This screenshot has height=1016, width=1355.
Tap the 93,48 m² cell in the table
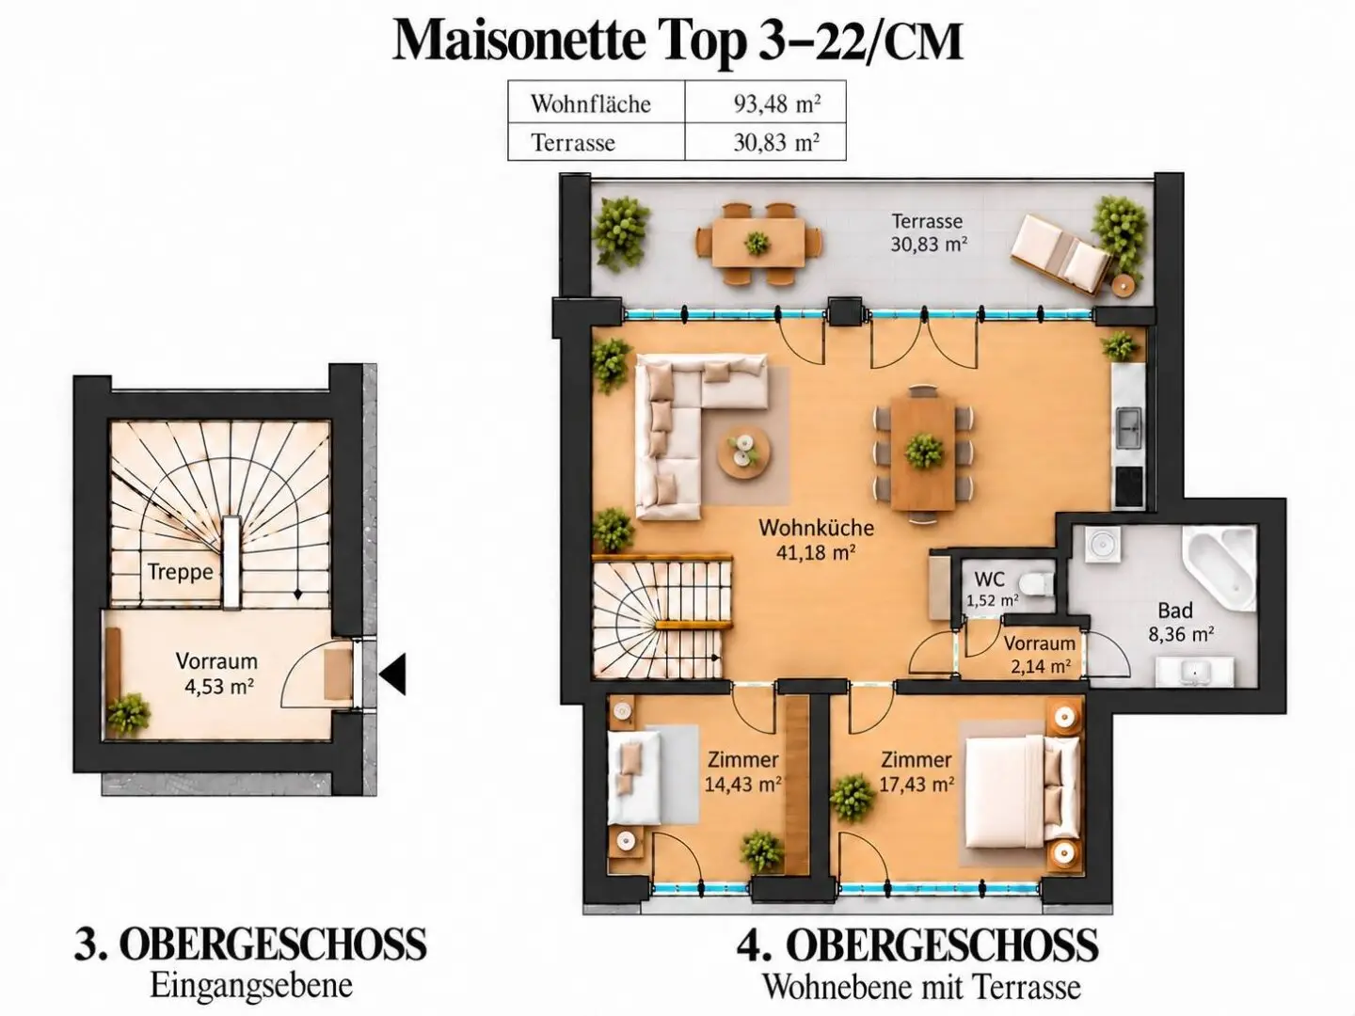tap(777, 103)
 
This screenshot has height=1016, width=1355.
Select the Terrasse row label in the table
tap(573, 142)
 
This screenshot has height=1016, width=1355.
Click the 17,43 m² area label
tap(917, 784)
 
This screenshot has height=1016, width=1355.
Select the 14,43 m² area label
tap(743, 784)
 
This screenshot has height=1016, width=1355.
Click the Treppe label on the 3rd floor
tap(181, 573)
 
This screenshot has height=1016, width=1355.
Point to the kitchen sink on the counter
tap(1130, 425)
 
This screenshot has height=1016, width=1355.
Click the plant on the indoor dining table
tap(923, 451)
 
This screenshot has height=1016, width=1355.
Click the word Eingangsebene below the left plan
tap(250, 987)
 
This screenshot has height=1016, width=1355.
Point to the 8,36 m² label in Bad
tap(1182, 634)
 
